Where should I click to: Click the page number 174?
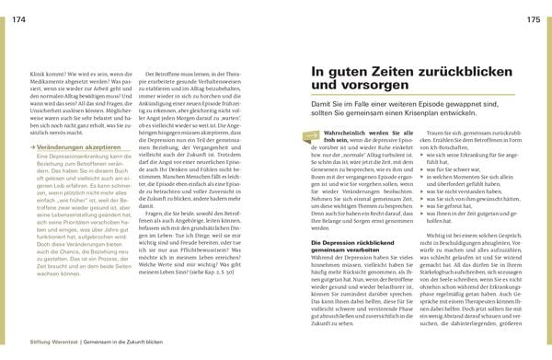(18, 20)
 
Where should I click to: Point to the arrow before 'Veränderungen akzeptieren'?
(36, 147)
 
